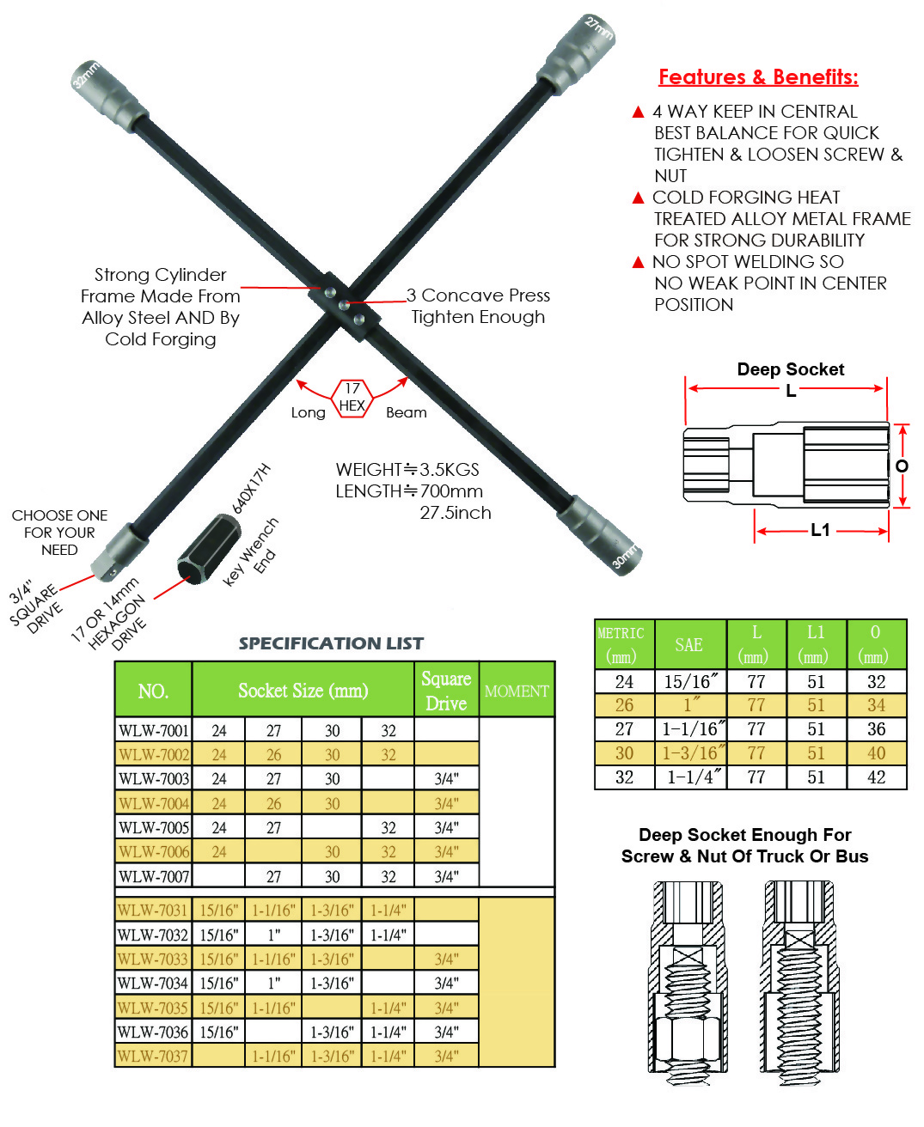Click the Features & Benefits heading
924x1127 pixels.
[x=758, y=77]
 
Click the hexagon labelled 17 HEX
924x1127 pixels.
[x=352, y=398]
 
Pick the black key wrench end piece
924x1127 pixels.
[x=205, y=549]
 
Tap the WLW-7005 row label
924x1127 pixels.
[x=154, y=827]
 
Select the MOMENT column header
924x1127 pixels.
[x=517, y=691]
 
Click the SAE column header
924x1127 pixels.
[x=688, y=644]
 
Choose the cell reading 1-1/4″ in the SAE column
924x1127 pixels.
[x=691, y=777]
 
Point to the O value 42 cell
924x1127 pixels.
[x=876, y=777]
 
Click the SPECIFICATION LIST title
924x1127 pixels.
[x=331, y=643]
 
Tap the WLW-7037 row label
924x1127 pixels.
[x=154, y=1056]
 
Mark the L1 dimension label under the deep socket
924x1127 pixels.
[x=821, y=530]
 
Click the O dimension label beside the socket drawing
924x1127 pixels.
[x=902, y=466]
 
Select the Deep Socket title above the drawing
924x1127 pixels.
[x=790, y=369]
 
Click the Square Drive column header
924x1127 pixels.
[x=446, y=691]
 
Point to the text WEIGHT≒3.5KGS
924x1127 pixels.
[x=407, y=470]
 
